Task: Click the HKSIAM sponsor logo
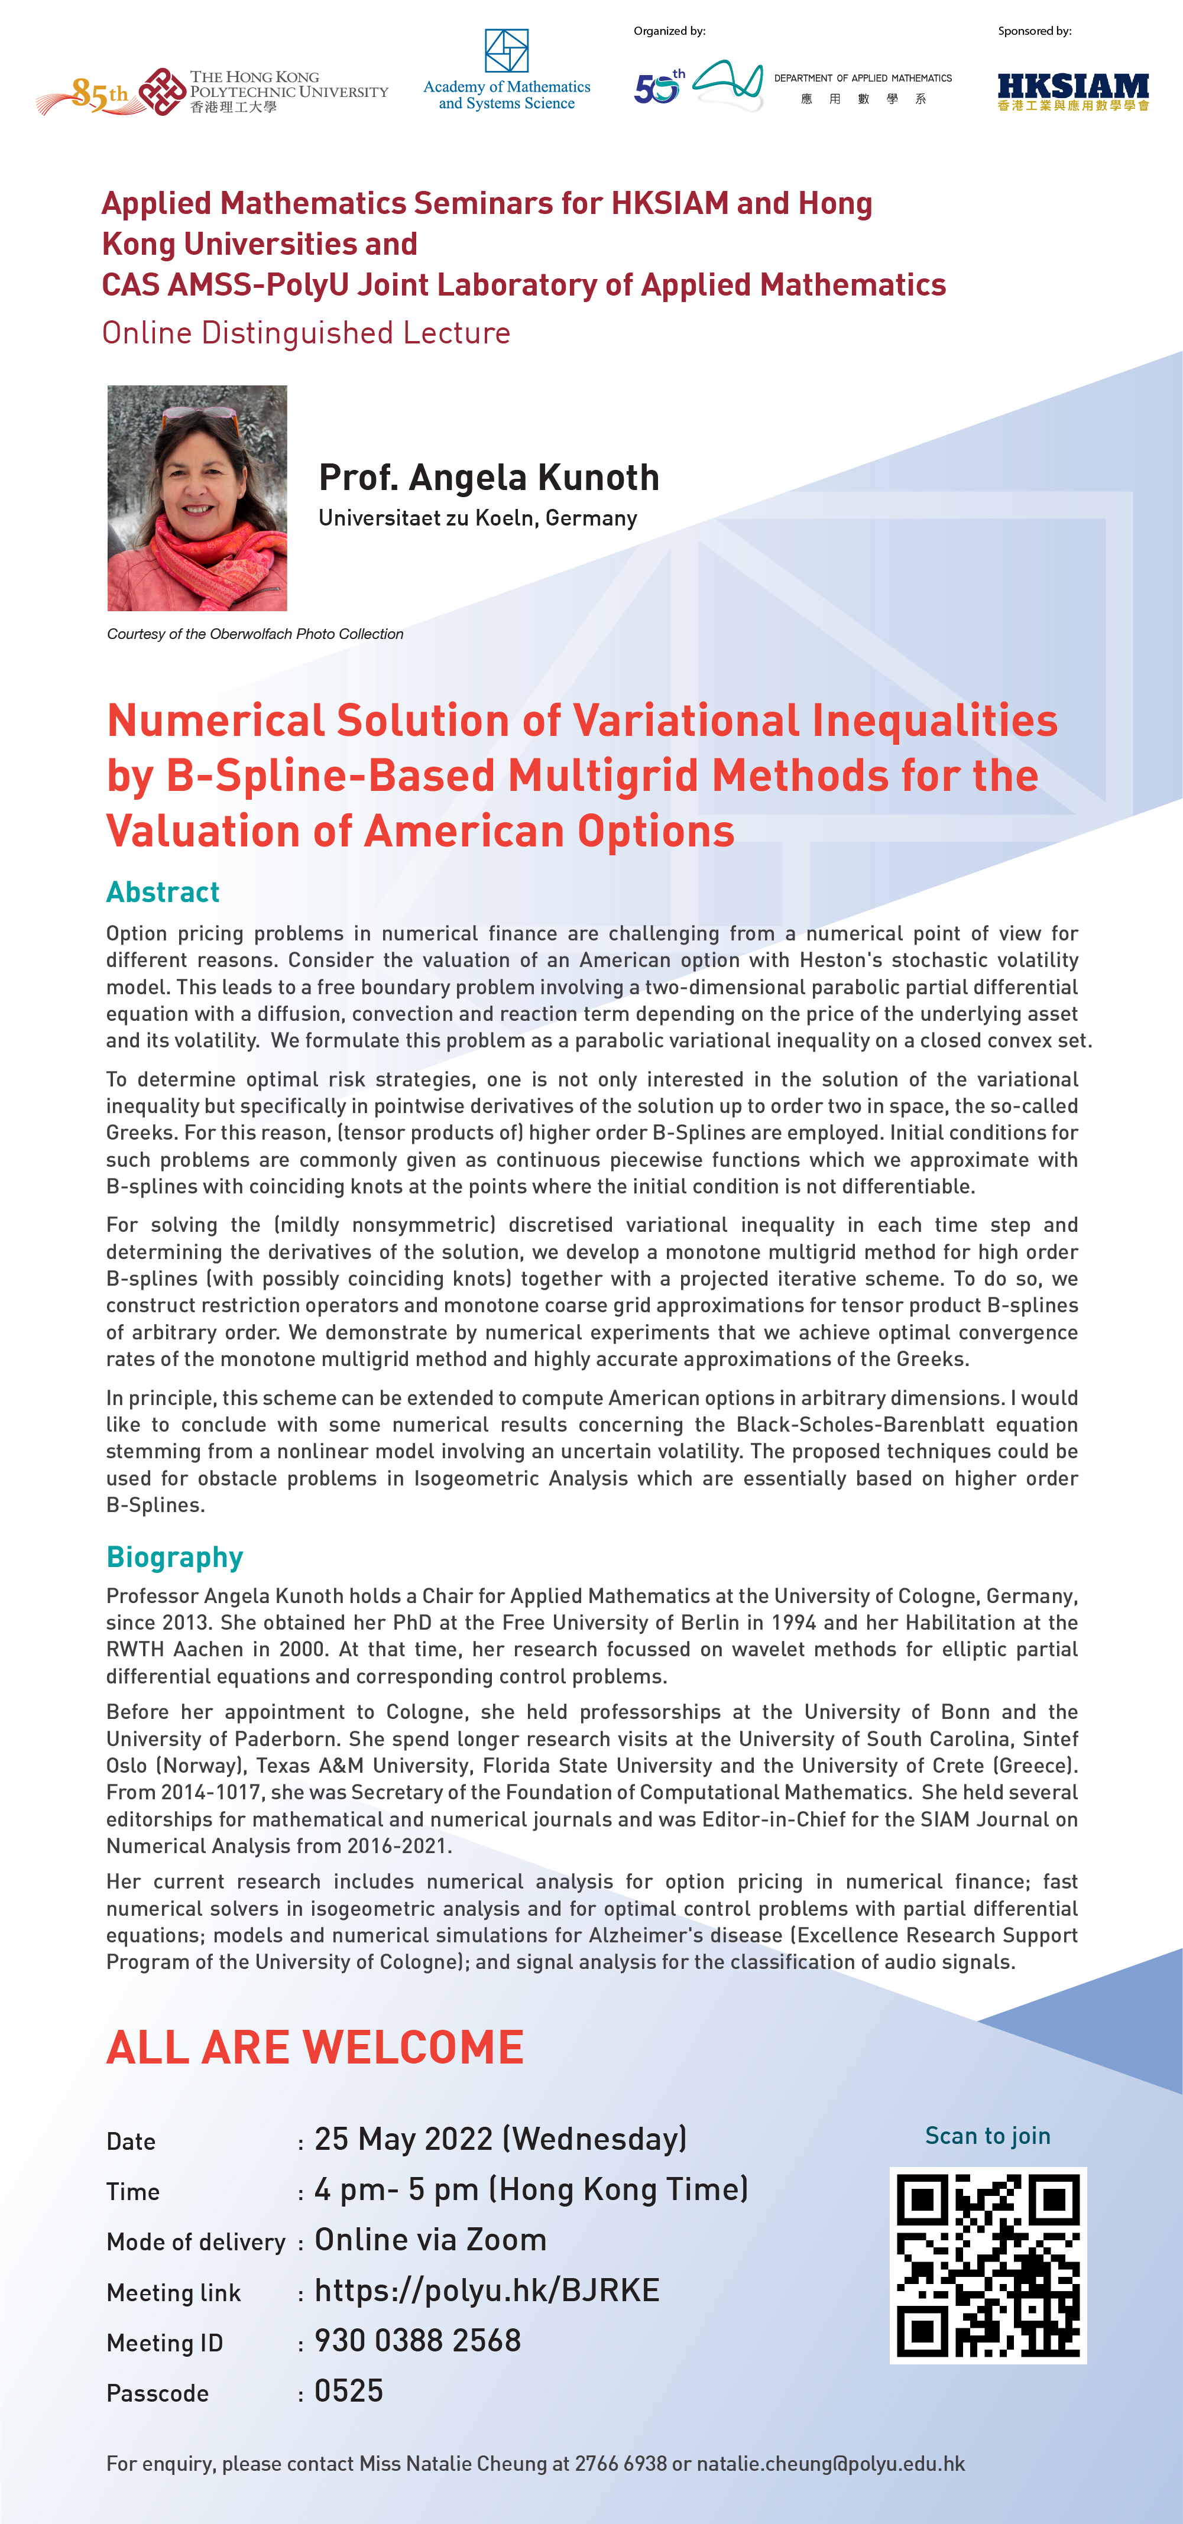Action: click(1072, 91)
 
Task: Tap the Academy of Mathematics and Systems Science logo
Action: click(507, 70)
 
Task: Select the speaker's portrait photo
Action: click(197, 498)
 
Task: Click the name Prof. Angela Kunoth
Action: click(488, 477)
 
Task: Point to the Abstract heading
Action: click(163, 891)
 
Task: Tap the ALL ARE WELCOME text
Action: click(315, 2048)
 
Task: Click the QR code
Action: click(988, 2265)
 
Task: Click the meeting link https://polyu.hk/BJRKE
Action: click(486, 2290)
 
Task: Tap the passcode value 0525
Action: click(348, 2391)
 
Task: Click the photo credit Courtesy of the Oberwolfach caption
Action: click(255, 634)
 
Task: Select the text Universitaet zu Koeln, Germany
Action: click(477, 518)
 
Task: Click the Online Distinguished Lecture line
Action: click(306, 333)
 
